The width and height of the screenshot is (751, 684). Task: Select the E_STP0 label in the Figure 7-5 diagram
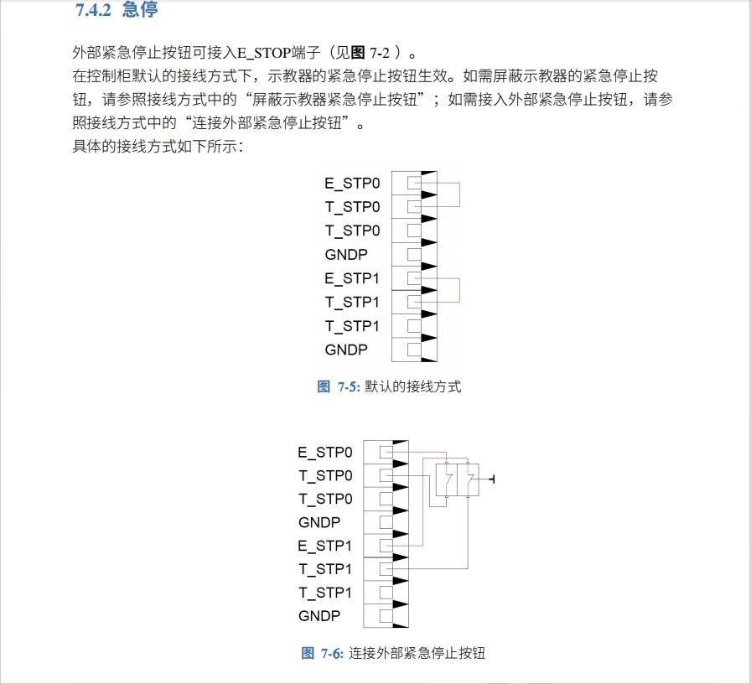352,183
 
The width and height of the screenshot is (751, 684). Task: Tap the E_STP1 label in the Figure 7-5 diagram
352,278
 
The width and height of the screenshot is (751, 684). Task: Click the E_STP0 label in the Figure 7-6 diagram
325,453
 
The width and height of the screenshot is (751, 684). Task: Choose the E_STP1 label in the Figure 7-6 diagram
325,546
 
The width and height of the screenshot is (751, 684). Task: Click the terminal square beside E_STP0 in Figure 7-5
413,183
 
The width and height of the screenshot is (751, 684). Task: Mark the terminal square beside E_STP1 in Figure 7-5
413,278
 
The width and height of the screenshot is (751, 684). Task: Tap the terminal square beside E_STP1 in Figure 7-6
386,546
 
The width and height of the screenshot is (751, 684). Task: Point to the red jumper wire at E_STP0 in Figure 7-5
459,194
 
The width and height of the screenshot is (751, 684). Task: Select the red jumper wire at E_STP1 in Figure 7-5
459,290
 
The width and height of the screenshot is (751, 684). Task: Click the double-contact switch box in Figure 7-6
457,479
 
